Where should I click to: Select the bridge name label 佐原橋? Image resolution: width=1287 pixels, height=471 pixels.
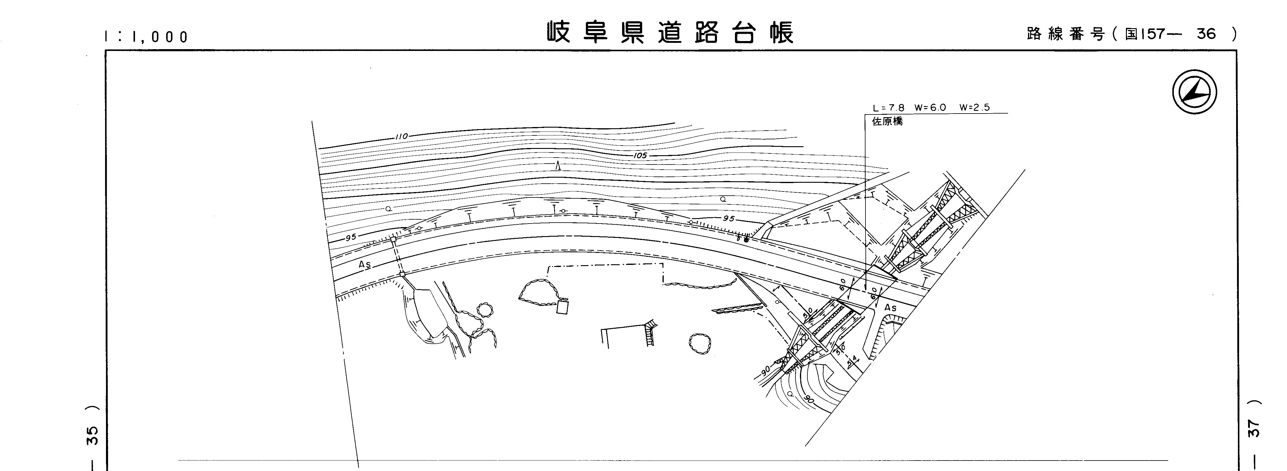tap(887, 122)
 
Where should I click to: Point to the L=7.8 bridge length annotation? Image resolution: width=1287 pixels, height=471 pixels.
tap(888, 108)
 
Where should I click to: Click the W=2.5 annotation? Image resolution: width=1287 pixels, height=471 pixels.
tap(974, 108)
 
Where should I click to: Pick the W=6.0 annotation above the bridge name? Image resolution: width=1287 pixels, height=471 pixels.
tap(930, 108)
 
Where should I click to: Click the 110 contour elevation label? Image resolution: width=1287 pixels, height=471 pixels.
tap(401, 136)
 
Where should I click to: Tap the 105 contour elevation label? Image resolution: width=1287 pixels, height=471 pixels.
tap(640, 156)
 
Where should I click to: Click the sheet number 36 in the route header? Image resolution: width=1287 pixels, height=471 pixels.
tap(1206, 34)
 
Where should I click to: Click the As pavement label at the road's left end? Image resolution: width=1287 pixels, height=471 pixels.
tap(365, 265)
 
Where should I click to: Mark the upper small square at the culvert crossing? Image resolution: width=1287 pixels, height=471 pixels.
tap(393, 239)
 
